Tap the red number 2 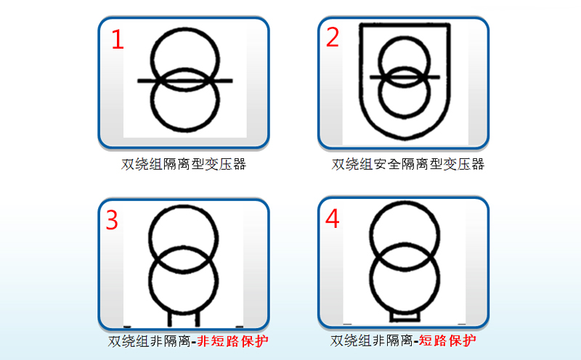tap(333, 37)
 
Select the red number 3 tap(112, 220)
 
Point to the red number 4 tap(332, 218)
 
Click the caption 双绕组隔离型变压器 tap(184, 164)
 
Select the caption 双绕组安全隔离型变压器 tap(407, 164)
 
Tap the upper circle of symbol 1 tap(184, 36)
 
